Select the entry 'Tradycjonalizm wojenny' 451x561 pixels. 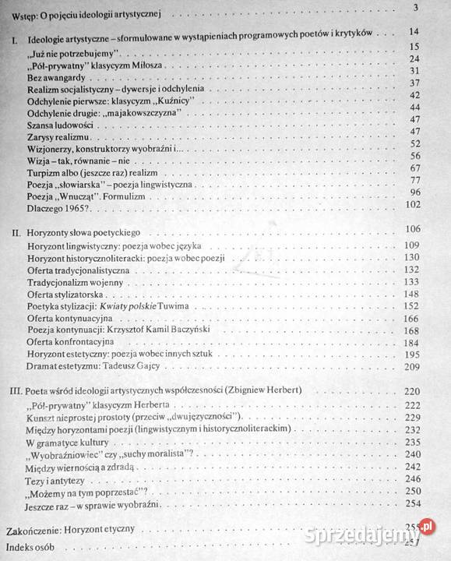click(75, 282)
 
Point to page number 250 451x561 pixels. click(412, 492)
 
